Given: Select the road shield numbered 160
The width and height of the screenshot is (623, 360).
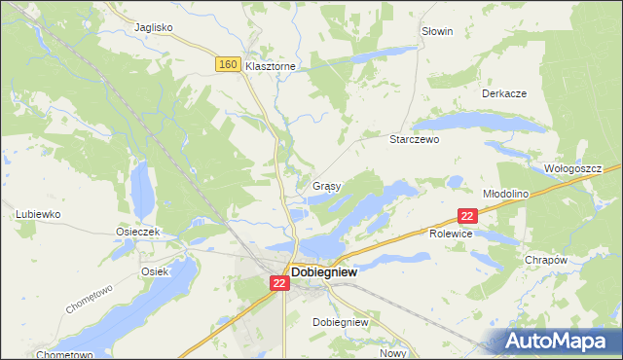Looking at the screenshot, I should tap(228, 64).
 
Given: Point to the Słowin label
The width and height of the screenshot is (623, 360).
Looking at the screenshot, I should tap(437, 31).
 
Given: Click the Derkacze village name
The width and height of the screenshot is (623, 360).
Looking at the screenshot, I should tap(504, 93).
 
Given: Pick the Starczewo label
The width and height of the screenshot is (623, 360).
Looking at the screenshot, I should tap(416, 139).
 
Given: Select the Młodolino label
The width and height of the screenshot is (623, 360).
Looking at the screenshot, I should tap(505, 194).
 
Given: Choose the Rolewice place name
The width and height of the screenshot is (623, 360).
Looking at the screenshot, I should tap(451, 234).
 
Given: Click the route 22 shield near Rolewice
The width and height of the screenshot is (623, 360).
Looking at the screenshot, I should tap(467, 217).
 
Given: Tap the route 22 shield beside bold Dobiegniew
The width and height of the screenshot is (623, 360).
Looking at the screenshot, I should tap(278, 283).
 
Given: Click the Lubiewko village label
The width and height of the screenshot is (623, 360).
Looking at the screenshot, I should tap(39, 213).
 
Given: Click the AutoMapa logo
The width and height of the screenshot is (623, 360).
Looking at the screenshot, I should tap(559, 341).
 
